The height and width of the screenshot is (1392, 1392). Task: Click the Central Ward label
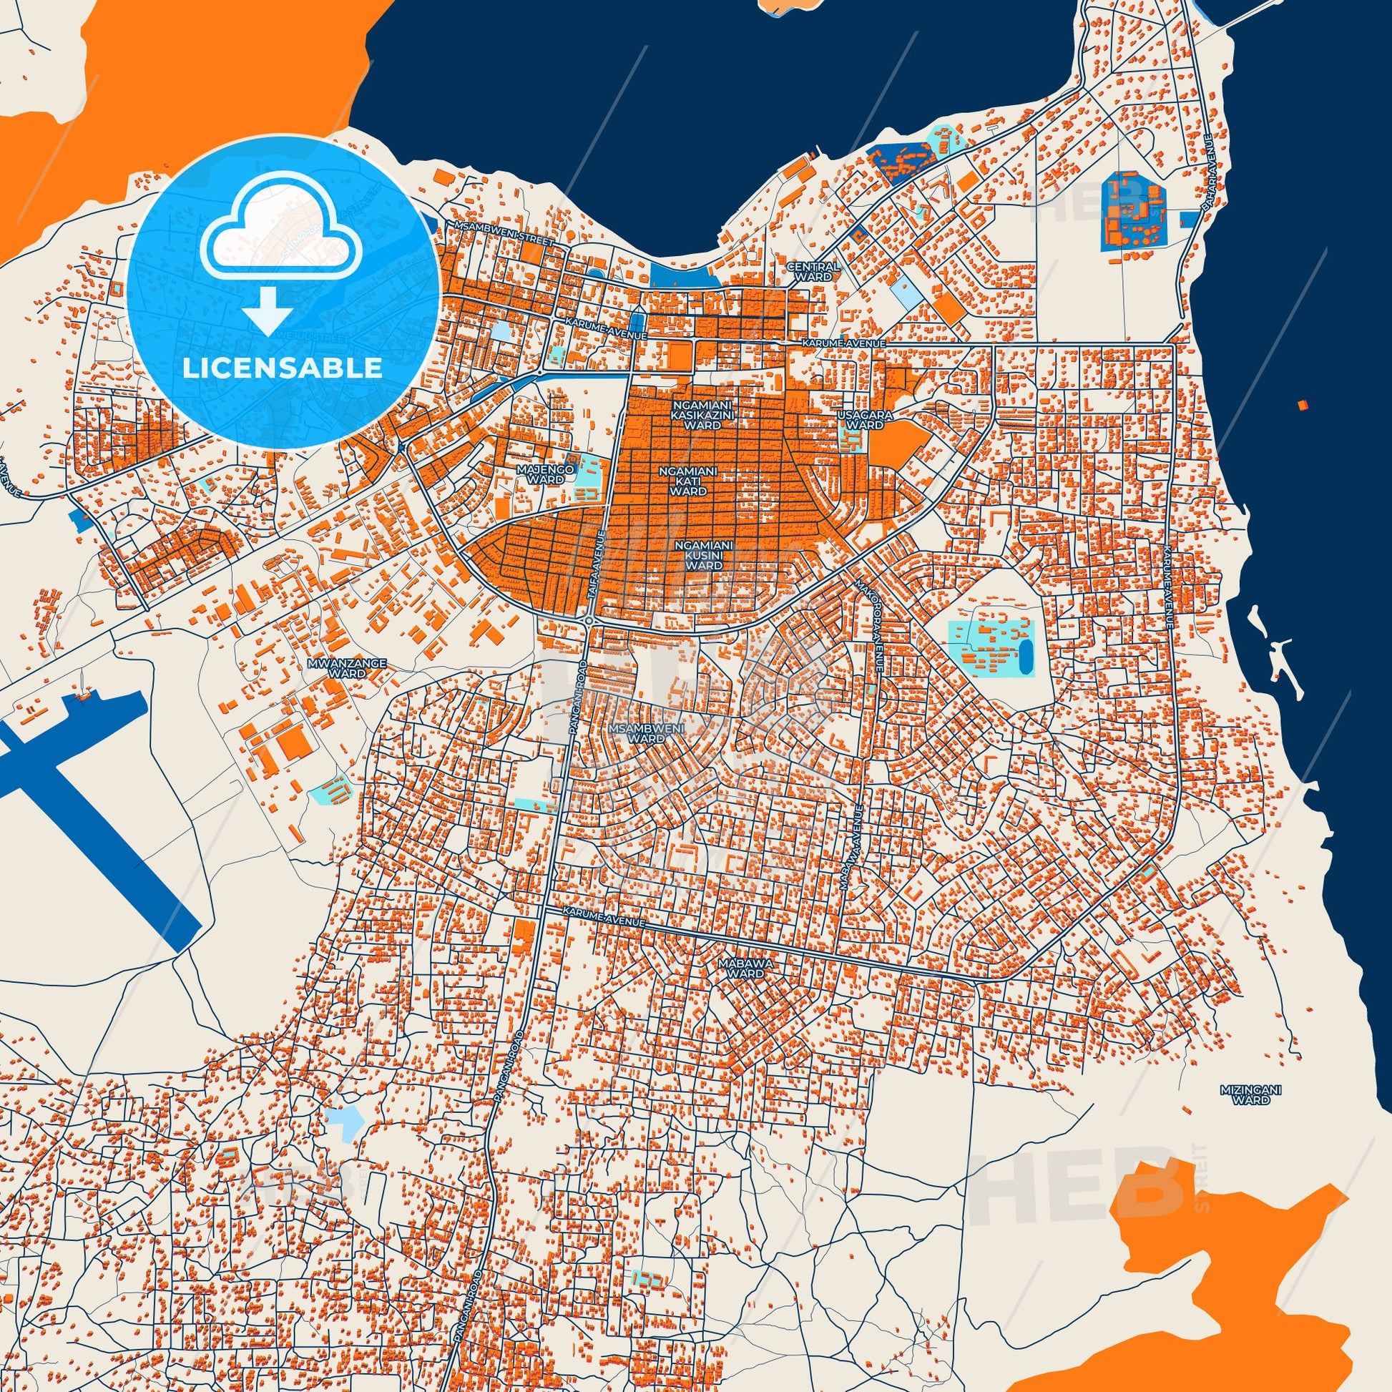point(813,271)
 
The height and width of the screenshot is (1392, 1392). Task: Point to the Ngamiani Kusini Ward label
point(703,556)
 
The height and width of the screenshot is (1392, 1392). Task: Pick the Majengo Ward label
point(545,474)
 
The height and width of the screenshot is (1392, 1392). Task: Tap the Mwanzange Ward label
point(346,667)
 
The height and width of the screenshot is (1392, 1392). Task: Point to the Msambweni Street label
point(504,233)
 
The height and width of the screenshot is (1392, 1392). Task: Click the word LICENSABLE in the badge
point(283,368)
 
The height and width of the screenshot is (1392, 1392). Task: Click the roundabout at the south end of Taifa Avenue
point(589,620)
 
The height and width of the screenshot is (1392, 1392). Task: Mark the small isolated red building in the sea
point(1301,405)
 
